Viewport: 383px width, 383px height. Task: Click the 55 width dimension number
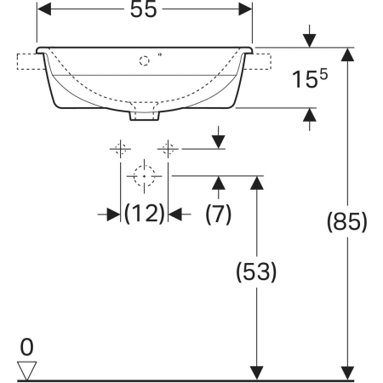pyautogui.click(x=143, y=9)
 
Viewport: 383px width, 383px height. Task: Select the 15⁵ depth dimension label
pyautogui.click(x=310, y=79)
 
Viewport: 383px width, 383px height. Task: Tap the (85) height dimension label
pyautogui.click(x=347, y=221)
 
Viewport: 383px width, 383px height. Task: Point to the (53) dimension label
pyautogui.click(x=256, y=272)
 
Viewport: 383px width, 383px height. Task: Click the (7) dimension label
pyautogui.click(x=218, y=214)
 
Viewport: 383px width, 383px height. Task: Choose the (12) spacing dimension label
pyautogui.click(x=145, y=214)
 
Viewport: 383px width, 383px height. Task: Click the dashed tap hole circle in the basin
pyautogui.click(x=144, y=61)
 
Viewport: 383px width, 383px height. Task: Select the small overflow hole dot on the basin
pyautogui.click(x=160, y=54)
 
